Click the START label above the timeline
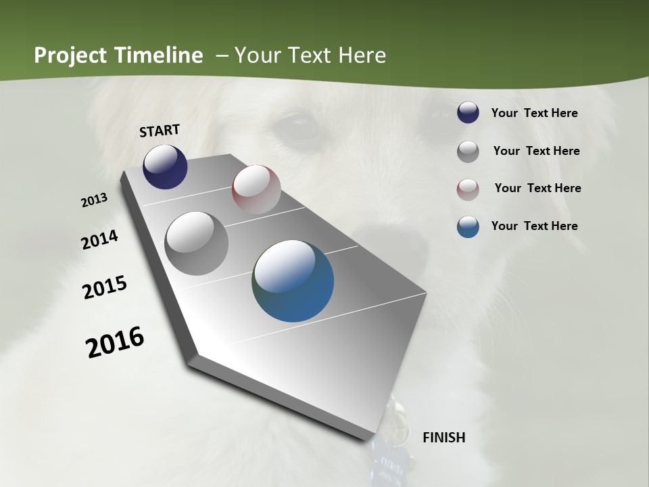tap(160, 131)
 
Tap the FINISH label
tap(443, 438)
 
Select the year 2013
tap(95, 200)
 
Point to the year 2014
tap(99, 239)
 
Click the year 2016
tap(115, 342)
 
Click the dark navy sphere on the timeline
tap(165, 167)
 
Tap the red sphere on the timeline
tap(256, 189)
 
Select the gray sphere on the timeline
tap(196, 243)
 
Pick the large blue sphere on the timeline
tap(293, 281)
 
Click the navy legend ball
tap(468, 113)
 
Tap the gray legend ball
tap(468, 152)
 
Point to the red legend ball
tap(468, 189)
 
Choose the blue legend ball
tap(468, 227)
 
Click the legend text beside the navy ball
tap(534, 113)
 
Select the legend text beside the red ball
tap(537, 188)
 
